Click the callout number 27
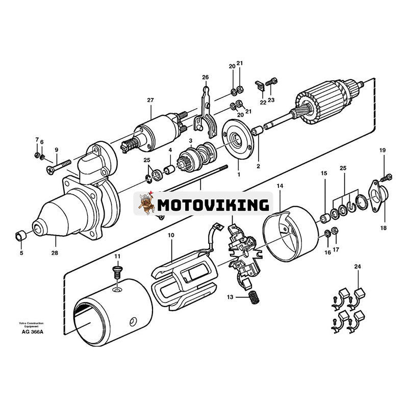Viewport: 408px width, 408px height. pyautogui.click(x=150, y=100)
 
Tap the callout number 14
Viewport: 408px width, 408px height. pyautogui.click(x=279, y=187)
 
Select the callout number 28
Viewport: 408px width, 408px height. pyautogui.click(x=55, y=252)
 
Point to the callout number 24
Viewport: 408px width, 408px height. pyautogui.click(x=358, y=266)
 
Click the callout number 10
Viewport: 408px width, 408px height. pyautogui.click(x=171, y=235)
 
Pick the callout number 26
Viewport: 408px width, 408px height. pyautogui.click(x=206, y=78)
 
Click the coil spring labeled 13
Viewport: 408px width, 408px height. pyautogui.click(x=253, y=297)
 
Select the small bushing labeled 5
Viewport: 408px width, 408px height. pyautogui.click(x=20, y=236)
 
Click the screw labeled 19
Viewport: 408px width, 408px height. pyautogui.click(x=387, y=177)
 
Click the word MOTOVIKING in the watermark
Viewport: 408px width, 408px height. pyautogui.click(x=213, y=205)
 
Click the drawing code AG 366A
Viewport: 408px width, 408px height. pyautogui.click(x=32, y=331)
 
